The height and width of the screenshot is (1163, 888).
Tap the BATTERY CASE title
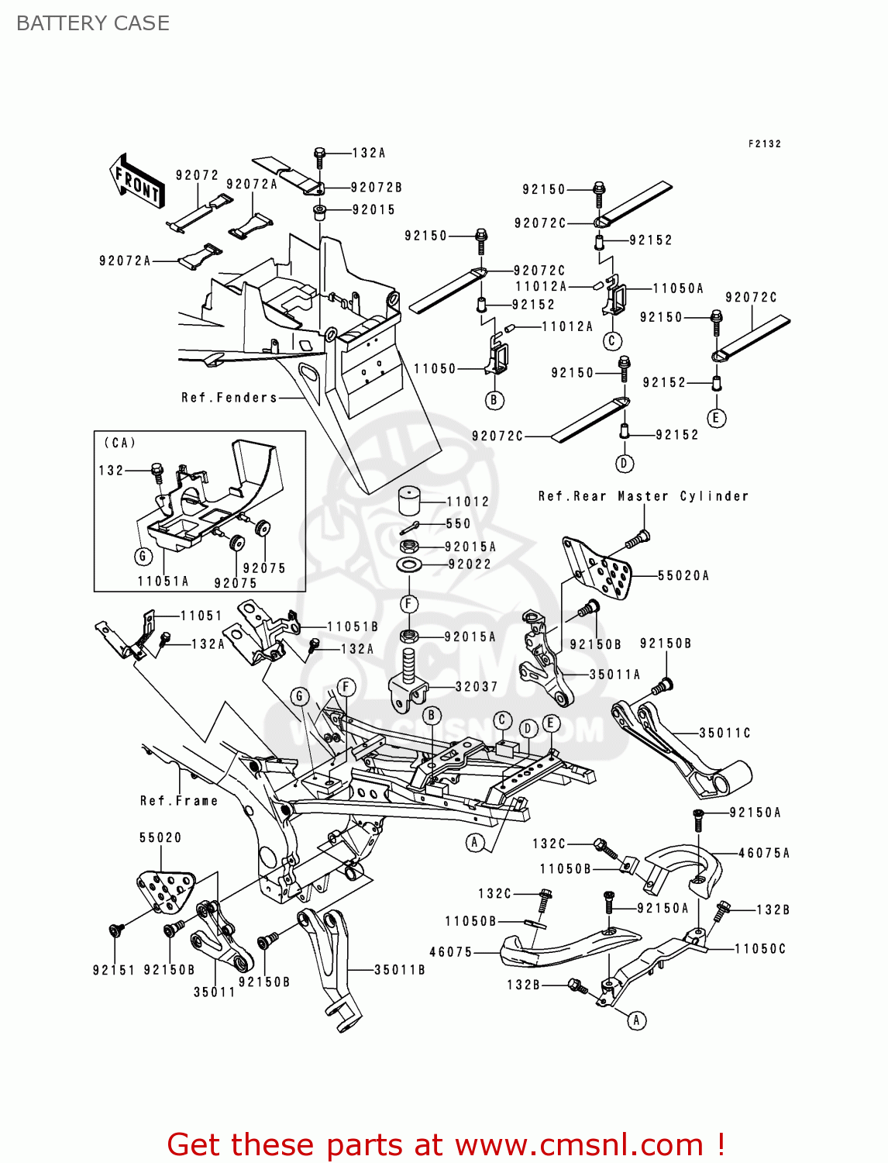click(x=93, y=23)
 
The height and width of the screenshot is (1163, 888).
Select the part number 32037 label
click(x=477, y=687)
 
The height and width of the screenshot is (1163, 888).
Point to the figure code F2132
click(x=765, y=144)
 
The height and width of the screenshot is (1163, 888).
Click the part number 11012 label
click(x=468, y=502)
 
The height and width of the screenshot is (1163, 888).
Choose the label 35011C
click(x=725, y=733)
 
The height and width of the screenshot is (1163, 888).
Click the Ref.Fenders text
click(x=229, y=398)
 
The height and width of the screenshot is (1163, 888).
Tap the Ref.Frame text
click(x=179, y=801)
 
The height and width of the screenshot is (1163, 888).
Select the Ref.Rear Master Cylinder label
click(x=643, y=496)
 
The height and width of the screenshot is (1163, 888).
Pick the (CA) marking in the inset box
click(x=120, y=443)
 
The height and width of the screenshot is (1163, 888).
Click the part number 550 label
click(x=458, y=524)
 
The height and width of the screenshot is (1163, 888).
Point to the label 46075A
click(x=764, y=853)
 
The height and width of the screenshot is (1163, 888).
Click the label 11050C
click(x=760, y=949)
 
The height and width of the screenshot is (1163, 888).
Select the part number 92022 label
click(x=470, y=564)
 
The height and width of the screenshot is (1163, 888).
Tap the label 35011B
click(x=400, y=970)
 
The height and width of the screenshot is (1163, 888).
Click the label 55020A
click(x=683, y=575)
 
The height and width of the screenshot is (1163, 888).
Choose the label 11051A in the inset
click(x=163, y=581)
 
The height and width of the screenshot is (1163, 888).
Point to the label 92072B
click(x=377, y=188)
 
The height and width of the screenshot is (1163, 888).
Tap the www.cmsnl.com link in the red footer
click(x=579, y=1145)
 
